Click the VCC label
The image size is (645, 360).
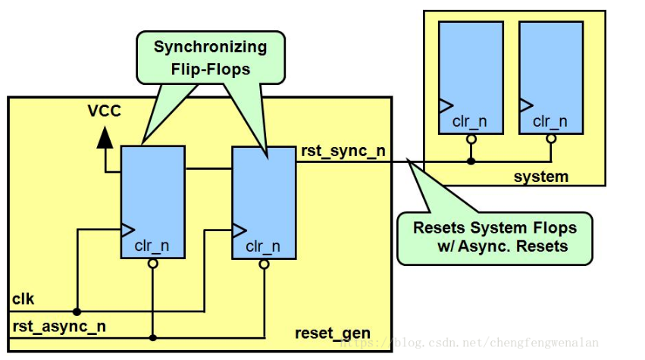pos(104,113)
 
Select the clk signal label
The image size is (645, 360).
pos(23,299)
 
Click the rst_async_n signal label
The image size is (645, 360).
pos(59,327)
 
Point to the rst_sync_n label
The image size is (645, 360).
pos(343,151)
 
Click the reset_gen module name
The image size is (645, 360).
pos(333,333)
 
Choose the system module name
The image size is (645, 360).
pos(540,177)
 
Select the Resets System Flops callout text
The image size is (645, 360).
pos(494,236)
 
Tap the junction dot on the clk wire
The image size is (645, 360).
pos(77,311)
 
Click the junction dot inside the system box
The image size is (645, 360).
pos(471,161)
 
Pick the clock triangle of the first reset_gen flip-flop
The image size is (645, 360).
pos(128,229)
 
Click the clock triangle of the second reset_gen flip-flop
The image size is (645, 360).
pos(240,229)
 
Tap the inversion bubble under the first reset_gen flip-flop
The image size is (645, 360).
pos(152,264)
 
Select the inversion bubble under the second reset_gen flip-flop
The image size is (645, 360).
pos(264,265)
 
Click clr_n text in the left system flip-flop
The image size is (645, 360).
pos(470,121)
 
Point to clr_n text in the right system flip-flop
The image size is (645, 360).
pos(550,121)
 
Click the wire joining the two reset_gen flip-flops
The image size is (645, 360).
pos(208,167)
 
